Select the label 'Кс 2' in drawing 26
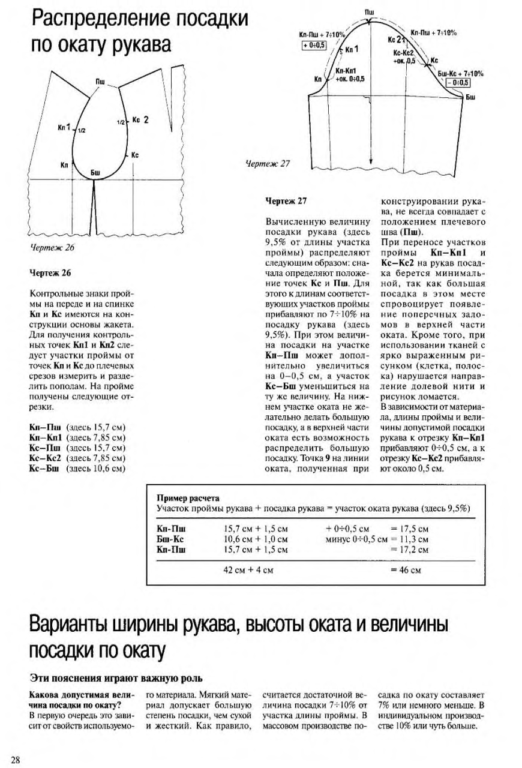140,119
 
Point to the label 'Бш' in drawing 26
95,173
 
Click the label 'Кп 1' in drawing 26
64,127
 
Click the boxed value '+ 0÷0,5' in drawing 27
314,45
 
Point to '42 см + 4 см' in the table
248,570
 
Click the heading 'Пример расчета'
187,498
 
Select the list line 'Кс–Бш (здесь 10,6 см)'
77,451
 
